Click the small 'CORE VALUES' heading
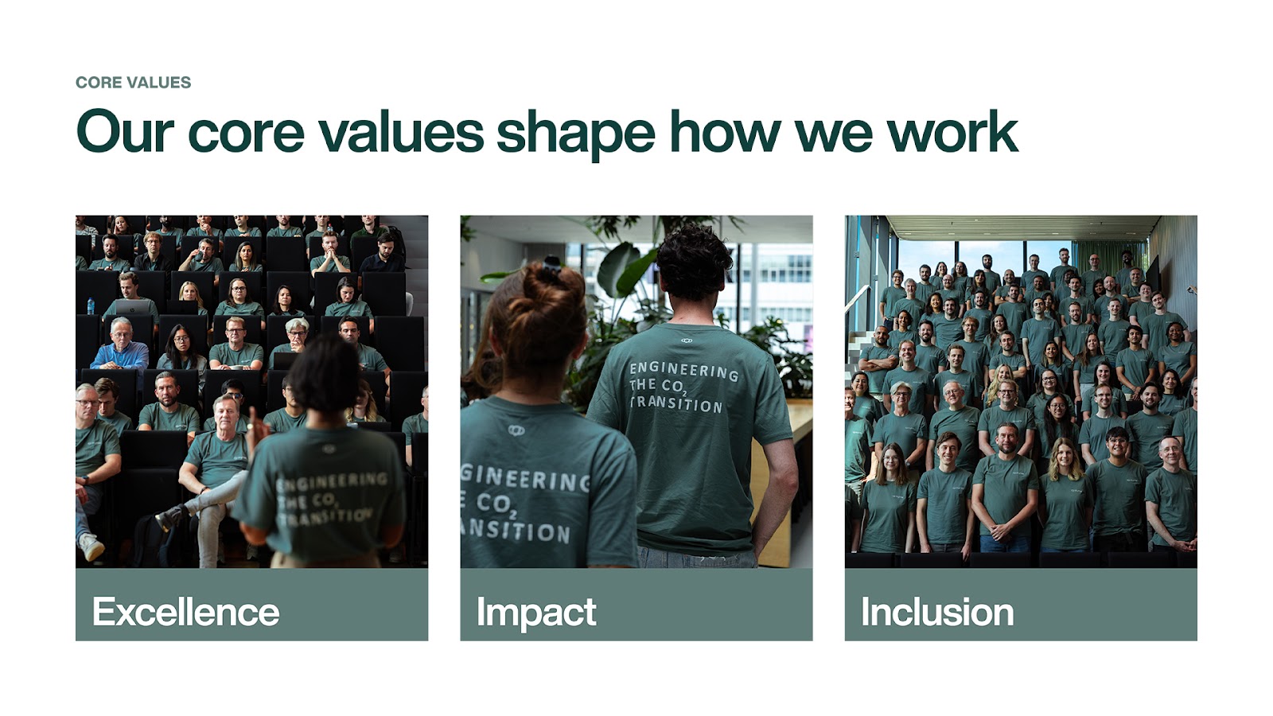tap(133, 83)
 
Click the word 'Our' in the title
tap(124, 132)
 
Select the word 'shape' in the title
tap(576, 135)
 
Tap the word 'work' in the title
tap(952, 132)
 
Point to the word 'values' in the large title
tap(401, 132)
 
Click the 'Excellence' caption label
tap(186, 612)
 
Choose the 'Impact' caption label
tap(536, 613)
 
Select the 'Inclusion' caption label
tap(937, 612)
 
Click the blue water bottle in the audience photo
tap(91, 305)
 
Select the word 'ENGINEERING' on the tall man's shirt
tap(684, 371)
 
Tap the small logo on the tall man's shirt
tap(687, 340)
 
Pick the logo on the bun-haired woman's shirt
tap(516, 430)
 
